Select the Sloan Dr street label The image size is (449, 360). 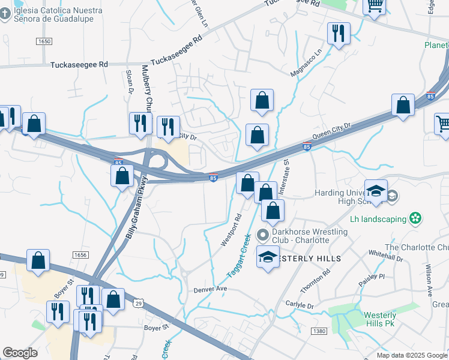128,81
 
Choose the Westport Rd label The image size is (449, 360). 231,230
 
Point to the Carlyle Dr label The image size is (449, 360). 300,305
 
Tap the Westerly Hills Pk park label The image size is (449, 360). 380,320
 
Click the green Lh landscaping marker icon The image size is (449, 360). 414,219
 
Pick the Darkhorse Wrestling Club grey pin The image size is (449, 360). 262,235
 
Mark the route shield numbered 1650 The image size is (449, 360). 44,41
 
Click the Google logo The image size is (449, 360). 20,353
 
